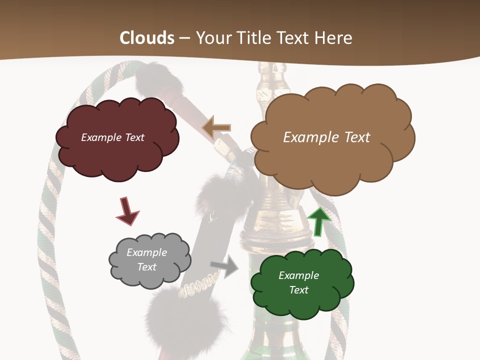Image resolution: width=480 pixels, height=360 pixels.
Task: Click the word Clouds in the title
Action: pos(147,38)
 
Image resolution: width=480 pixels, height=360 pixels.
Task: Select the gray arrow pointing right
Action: pos(225,266)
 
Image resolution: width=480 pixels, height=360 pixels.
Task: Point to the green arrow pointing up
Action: pos(319,221)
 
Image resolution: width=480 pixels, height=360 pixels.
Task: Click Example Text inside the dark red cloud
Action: pos(112,137)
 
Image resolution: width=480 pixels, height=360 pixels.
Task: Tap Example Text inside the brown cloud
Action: pos(326,137)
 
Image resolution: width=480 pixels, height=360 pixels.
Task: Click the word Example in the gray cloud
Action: pos(146,252)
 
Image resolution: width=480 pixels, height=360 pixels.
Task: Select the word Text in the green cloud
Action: pos(298,290)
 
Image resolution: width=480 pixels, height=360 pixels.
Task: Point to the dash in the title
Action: pos(184,38)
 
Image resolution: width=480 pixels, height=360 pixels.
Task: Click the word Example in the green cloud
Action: pos(298,275)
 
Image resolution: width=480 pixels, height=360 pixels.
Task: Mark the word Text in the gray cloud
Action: pos(146,267)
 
